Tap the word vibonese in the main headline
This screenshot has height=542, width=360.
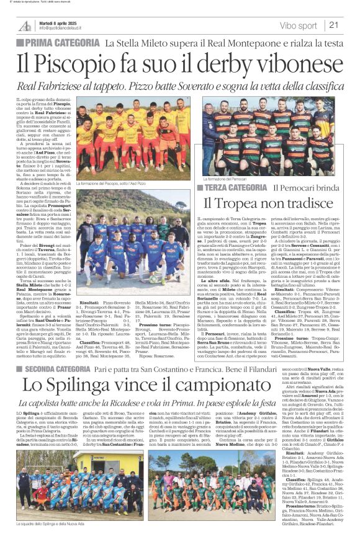pos(282,64)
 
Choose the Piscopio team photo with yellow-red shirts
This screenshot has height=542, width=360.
pos(133,138)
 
